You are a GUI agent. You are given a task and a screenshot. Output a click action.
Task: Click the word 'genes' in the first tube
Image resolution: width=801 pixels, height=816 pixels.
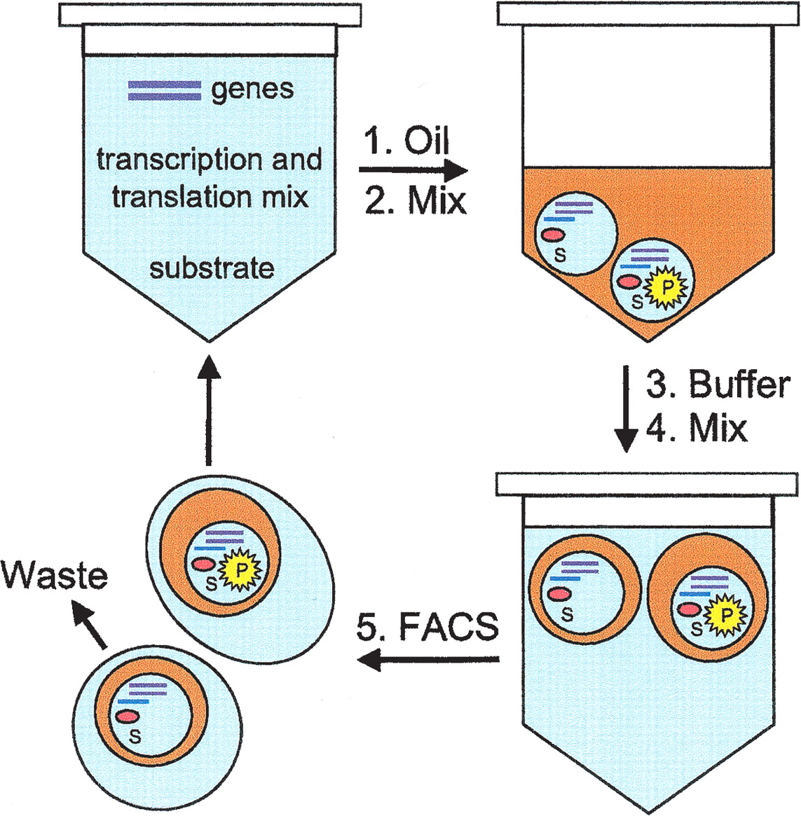coord(252,90)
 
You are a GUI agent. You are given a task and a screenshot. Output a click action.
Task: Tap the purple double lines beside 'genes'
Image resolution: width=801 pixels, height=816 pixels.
coord(164,90)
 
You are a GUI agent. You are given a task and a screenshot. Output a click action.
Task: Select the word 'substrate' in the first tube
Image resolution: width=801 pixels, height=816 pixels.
coord(212,268)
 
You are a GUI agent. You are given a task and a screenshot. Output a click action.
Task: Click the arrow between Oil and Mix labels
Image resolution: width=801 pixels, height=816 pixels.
coord(413,170)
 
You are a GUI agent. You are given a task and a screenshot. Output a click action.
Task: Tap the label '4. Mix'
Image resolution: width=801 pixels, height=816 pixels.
coord(696,427)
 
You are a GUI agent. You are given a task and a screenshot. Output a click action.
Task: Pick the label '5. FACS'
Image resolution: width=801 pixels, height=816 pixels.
coord(427,626)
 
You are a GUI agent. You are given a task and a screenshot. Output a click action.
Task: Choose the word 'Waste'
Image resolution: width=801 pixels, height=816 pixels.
coord(55,576)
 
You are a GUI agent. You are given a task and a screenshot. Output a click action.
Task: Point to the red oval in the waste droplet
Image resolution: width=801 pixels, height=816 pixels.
coord(128,717)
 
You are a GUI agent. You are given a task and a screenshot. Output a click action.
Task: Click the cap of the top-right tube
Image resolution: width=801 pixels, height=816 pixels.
coord(647,15)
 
